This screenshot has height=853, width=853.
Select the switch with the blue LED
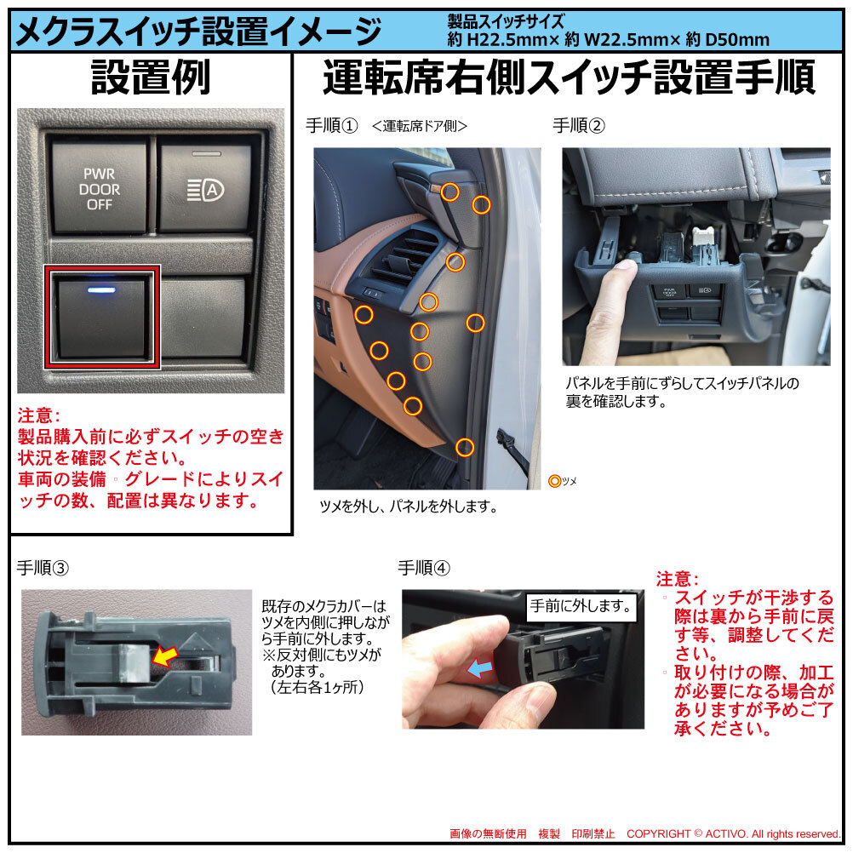102,318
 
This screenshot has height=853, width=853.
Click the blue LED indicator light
101,289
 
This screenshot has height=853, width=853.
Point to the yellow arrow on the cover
165,656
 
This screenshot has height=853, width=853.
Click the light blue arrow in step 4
480,668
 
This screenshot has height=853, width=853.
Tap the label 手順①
331,126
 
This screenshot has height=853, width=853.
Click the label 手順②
579,126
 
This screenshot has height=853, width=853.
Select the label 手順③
43,568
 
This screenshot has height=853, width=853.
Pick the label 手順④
424,568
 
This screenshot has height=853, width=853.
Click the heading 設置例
151,77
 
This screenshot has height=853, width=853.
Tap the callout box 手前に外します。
581,607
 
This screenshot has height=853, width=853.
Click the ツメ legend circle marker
554,481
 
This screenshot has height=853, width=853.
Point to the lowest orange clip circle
465,447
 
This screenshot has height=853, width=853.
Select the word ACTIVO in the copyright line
727,834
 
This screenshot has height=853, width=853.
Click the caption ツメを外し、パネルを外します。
409,507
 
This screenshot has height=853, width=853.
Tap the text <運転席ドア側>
420,126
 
